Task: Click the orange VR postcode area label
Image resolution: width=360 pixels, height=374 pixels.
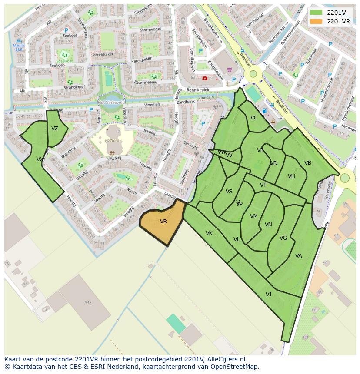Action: pos(163,222)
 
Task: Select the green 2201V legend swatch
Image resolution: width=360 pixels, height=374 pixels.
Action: pos(317,13)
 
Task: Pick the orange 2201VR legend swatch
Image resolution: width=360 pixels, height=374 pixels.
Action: pos(317,21)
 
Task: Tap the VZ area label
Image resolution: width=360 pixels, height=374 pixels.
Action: pos(55,129)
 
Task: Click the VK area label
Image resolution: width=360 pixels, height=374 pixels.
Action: pos(209,233)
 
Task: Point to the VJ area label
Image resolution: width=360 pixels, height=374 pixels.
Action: pos(268,295)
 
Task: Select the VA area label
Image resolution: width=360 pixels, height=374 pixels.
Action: pos(298,256)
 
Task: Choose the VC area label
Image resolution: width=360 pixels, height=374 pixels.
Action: pos(254,118)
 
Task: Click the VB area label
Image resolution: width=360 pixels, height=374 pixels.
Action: pos(308,163)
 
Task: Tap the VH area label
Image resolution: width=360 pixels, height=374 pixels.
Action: pos(291,176)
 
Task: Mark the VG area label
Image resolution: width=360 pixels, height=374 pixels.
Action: pos(283,238)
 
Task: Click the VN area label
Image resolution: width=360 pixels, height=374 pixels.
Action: pos(268,225)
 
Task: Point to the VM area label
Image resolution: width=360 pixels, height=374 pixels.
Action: pos(254,216)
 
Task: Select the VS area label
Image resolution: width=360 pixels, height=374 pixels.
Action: pos(229,192)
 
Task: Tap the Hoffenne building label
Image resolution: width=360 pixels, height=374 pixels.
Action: pos(112,140)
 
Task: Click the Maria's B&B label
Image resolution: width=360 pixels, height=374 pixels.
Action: pos(18,47)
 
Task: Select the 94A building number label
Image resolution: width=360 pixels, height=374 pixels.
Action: pos(88,302)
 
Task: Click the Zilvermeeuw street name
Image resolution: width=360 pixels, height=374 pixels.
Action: pos(146,82)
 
